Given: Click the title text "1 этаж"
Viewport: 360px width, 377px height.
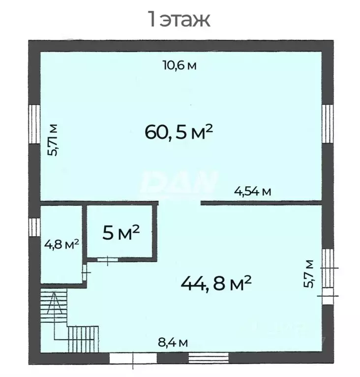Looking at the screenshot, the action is (180, 19).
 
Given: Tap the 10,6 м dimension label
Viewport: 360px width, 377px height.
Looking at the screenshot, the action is (180, 65).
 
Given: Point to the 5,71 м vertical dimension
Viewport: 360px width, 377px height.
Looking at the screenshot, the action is (53, 140).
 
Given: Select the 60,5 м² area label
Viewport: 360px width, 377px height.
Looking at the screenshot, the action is (179, 132).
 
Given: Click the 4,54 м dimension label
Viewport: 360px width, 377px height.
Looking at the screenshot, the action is (253, 192).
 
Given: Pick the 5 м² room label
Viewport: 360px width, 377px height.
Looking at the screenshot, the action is (121, 232).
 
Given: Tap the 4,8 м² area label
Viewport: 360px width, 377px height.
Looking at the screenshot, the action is (61, 244).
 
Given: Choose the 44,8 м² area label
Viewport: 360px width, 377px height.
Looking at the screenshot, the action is (216, 283).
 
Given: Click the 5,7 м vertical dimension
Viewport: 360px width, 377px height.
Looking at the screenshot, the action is (309, 274).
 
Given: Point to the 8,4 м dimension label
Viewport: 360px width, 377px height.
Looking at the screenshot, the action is (173, 342).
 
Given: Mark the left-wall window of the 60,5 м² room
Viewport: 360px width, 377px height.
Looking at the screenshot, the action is (34, 124).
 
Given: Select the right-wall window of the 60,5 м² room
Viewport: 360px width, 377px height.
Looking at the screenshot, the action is (328, 123).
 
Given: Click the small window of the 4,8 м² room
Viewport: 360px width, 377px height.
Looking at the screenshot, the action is (34, 227).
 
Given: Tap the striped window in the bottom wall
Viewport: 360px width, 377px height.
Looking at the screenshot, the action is (209, 358).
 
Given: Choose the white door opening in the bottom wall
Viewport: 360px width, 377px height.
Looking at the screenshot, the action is (133, 358).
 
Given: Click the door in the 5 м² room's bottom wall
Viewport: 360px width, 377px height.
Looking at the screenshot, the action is (108, 260).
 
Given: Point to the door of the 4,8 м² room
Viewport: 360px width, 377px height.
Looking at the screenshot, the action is (85, 272).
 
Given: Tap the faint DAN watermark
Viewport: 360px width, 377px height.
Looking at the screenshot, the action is (180, 182).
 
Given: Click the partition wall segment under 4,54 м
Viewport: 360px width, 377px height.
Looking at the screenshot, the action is (261, 203).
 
